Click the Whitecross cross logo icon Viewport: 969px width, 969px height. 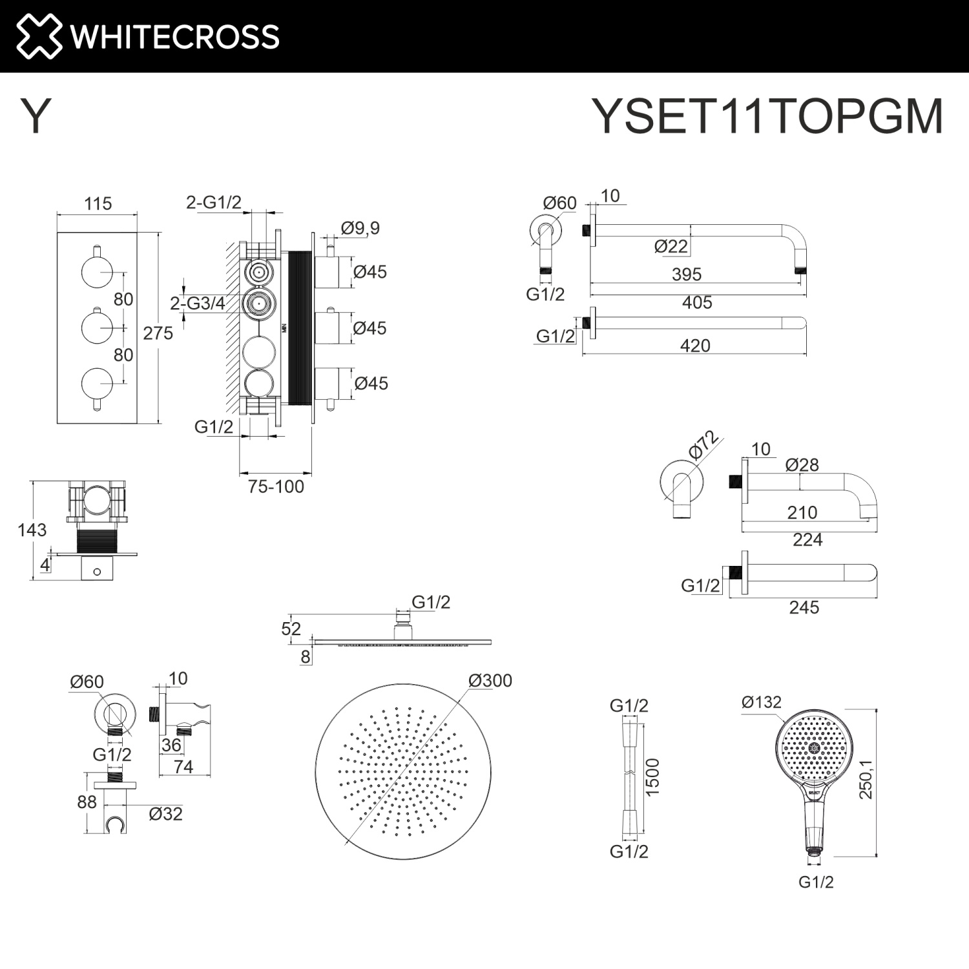pyautogui.click(x=39, y=36)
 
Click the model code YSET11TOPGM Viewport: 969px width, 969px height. pyautogui.click(x=767, y=117)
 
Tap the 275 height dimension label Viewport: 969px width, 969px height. pyautogui.click(x=158, y=333)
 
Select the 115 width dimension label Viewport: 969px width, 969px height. pyautogui.click(x=98, y=203)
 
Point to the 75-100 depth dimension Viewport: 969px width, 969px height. pyautogui.click(x=276, y=486)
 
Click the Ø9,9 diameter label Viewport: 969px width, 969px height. pyautogui.click(x=360, y=228)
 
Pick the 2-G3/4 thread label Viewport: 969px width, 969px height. pyautogui.click(x=198, y=303)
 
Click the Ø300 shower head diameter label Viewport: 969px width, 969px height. pyautogui.click(x=490, y=680)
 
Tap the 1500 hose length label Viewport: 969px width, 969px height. pyautogui.click(x=652, y=777)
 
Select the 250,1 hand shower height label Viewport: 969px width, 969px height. pyautogui.click(x=866, y=780)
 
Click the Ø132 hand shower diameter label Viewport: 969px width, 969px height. pyautogui.click(x=762, y=702)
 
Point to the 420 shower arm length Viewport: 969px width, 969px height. pyautogui.click(x=695, y=346)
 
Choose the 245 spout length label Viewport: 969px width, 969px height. pyautogui.click(x=804, y=607)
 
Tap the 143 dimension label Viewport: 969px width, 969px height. pyautogui.click(x=32, y=530)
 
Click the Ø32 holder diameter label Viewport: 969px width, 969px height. pyautogui.click(x=166, y=814)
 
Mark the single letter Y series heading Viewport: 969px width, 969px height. pyautogui.click(x=36, y=116)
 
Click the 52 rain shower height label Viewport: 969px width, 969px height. pyautogui.click(x=291, y=629)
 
